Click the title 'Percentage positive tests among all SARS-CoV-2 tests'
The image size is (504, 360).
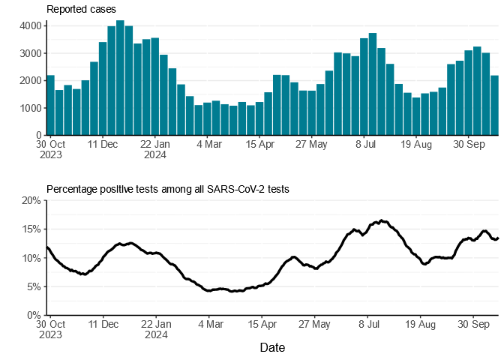[168, 189]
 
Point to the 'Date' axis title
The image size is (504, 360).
[272, 348]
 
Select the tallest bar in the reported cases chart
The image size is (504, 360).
[120, 78]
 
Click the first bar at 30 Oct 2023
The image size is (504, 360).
[50, 105]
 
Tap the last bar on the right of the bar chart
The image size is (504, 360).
[494, 105]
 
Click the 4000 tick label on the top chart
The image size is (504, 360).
[31, 25]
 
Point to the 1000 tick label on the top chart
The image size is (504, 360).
[31, 108]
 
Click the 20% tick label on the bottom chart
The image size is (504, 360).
[31, 200]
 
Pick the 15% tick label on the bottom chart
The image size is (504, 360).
[31, 229]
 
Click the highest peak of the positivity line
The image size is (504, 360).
[381, 220]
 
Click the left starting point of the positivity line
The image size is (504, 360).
[46, 247]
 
